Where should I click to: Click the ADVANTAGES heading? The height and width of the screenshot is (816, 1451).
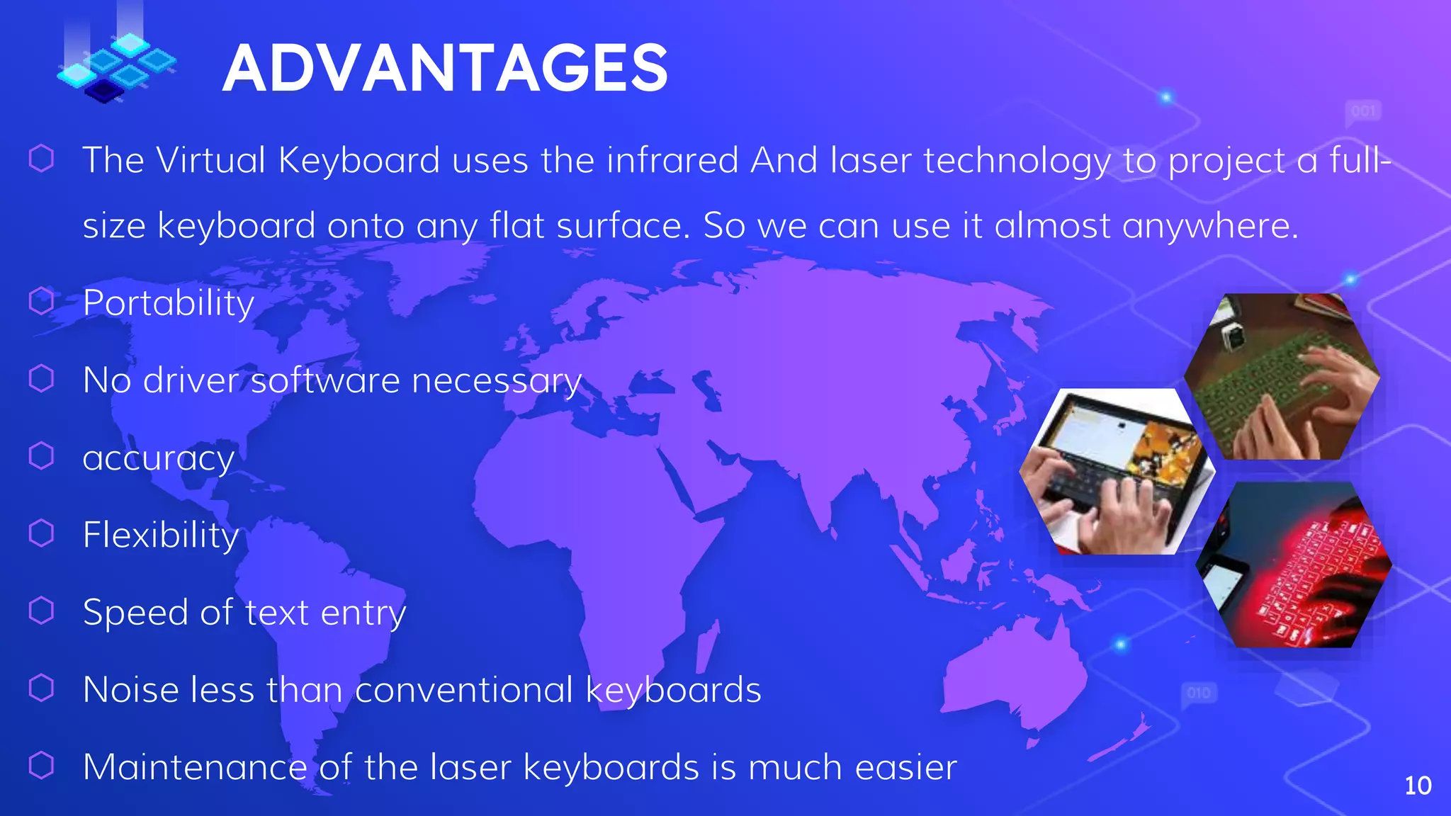[x=445, y=68]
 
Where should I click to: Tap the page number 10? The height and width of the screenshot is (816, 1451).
[x=1417, y=786]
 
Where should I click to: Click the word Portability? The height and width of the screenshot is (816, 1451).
[x=169, y=303]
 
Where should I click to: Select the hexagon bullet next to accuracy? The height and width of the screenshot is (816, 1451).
[x=41, y=456]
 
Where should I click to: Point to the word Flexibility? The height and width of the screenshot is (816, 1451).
[x=161, y=535]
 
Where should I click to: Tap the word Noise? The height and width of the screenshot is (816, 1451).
[x=130, y=690]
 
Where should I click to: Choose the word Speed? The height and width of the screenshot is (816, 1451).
[x=135, y=613]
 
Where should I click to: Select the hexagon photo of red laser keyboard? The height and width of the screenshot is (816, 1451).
[x=1294, y=565]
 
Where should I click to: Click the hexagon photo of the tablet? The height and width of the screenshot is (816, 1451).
[x=1117, y=471]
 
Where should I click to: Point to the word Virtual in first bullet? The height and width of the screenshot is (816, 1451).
[x=211, y=160]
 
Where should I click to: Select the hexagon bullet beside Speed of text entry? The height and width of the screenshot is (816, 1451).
[x=41, y=611]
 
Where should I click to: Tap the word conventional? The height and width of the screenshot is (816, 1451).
[x=464, y=690]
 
